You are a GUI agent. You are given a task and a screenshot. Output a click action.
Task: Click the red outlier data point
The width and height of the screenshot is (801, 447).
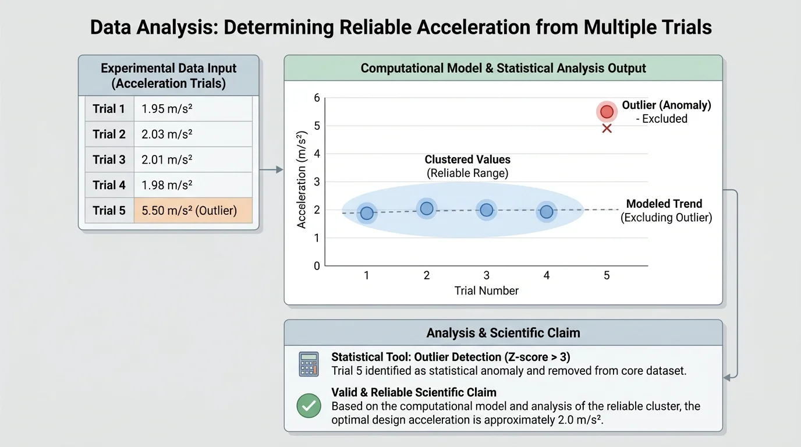pos(607,112)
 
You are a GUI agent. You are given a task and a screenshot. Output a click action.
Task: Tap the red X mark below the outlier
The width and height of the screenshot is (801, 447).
pos(607,128)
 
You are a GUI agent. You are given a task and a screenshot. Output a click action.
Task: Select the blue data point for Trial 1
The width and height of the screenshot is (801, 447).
pos(367,213)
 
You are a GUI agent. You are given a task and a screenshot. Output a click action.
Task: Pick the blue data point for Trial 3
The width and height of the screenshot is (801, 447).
pos(487,210)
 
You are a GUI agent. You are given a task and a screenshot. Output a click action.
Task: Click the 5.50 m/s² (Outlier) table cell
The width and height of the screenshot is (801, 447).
pos(193,211)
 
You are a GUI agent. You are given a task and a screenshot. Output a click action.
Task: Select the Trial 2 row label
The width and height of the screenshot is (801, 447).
pos(109,134)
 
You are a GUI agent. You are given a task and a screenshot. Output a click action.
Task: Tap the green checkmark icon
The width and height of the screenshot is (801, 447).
pos(309,406)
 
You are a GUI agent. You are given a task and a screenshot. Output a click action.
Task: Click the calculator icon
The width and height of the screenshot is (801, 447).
pos(309,364)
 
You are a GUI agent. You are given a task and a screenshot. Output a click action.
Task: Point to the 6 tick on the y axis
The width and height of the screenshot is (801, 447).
pos(317,98)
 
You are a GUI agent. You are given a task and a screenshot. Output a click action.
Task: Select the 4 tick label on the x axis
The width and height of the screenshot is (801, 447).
pos(547,275)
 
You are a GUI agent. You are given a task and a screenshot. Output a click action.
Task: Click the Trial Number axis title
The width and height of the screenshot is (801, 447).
pos(486,290)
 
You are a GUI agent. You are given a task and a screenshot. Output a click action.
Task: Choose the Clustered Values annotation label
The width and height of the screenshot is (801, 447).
pos(467,159)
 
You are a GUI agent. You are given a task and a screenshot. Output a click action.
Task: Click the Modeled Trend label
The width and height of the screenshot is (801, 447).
pos(664,204)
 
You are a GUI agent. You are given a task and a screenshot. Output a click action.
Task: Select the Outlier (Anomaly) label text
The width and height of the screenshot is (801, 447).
pos(667,105)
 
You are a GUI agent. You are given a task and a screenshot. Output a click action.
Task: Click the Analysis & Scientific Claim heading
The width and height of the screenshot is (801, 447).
pos(503,333)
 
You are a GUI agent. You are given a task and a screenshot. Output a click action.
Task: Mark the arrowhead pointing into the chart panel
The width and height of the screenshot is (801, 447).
pos(279,169)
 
